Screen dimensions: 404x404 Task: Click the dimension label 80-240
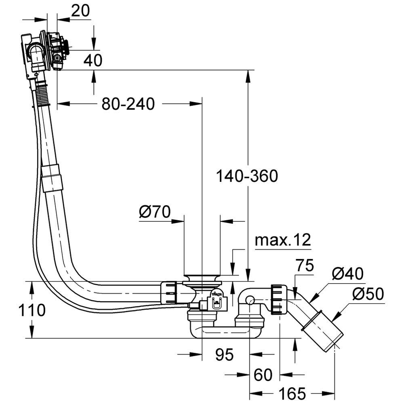(x=128, y=104)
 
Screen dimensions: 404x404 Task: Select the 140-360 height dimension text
(x=247, y=176)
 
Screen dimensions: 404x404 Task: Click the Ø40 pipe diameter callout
(x=348, y=274)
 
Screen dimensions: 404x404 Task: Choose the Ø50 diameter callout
(x=367, y=295)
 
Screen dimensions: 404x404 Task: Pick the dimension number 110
(x=31, y=310)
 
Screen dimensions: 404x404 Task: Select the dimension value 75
(x=305, y=267)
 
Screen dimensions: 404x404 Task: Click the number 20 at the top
(x=80, y=11)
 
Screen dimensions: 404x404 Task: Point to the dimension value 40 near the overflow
(x=93, y=60)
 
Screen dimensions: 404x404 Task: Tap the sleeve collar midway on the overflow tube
(x=52, y=178)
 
